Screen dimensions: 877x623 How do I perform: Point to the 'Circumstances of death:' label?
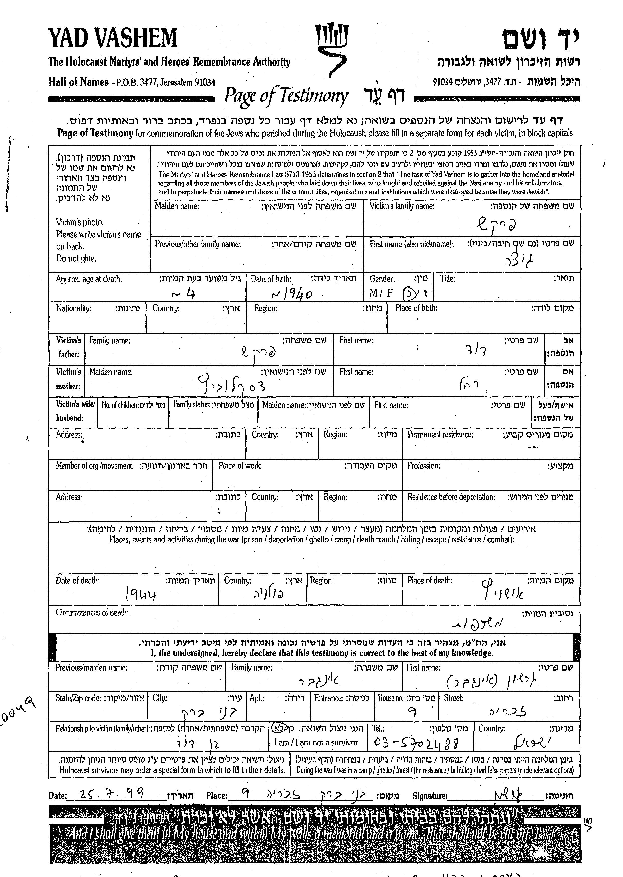pyautogui.click(x=92, y=613)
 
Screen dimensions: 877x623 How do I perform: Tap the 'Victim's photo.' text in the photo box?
pyautogui.click(x=80, y=222)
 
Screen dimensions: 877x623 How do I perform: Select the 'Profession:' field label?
pyautogui.click(x=424, y=466)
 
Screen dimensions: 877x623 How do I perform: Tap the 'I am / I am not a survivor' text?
pyautogui.click(x=316, y=742)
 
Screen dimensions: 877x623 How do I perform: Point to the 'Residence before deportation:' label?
pyautogui.click(x=451, y=497)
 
